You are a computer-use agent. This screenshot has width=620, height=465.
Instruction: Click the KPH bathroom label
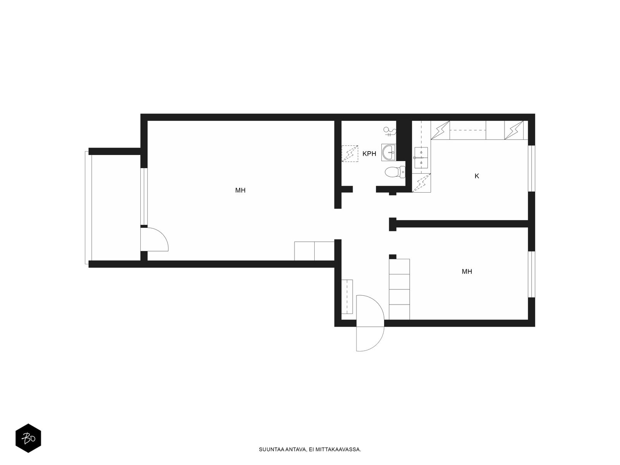tap(369, 154)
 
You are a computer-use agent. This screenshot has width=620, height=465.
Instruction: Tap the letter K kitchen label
tap(477, 176)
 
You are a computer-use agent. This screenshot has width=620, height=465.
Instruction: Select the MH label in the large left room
tap(240, 190)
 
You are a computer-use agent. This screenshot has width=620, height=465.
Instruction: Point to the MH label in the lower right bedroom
tap(467, 271)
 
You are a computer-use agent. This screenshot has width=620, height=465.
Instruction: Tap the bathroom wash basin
tap(389, 152)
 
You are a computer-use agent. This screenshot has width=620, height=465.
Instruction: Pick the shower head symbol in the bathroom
tap(390, 132)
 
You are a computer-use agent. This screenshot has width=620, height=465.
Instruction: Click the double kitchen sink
tap(421, 158)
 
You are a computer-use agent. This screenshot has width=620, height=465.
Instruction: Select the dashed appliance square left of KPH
tap(350, 153)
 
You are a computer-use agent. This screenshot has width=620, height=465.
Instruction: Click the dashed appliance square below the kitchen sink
tap(421, 183)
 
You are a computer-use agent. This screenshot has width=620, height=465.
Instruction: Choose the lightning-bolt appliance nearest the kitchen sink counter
tap(440, 130)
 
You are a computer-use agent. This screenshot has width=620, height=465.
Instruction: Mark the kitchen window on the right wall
tap(531, 169)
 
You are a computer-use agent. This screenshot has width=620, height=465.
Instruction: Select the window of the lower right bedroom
tap(531, 274)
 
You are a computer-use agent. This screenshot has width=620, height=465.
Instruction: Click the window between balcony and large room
tap(144, 196)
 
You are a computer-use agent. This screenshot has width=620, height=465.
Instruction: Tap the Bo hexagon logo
tap(28, 439)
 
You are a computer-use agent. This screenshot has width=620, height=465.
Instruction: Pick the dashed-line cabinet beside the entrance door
tap(347, 297)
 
